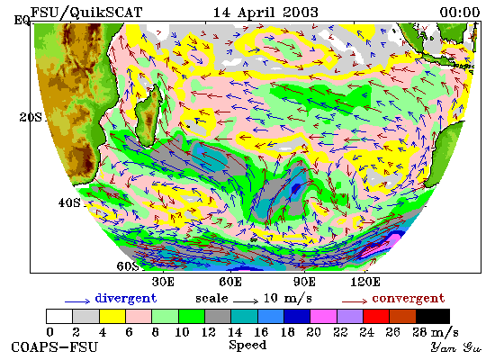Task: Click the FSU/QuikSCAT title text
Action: pyautogui.click(x=86, y=13)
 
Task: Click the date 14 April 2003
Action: pyautogui.click(x=265, y=13)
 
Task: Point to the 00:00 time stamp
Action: pyautogui.click(x=460, y=13)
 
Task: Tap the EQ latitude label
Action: pyautogui.click(x=22, y=20)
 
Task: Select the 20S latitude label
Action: pyautogui.click(x=31, y=117)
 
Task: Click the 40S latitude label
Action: pyautogui.click(x=69, y=202)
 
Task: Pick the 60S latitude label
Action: pyautogui.click(x=128, y=265)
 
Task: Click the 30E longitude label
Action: pyautogui.click(x=163, y=282)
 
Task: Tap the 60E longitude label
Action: pyautogui.click(x=230, y=282)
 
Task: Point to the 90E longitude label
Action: pyautogui.click(x=304, y=282)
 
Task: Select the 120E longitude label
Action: pyautogui.click(x=365, y=282)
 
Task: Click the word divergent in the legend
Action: pyautogui.click(x=126, y=299)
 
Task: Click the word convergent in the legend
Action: pyautogui.click(x=409, y=299)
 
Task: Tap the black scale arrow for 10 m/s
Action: pyautogui.click(x=246, y=301)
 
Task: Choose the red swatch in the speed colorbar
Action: pyautogui.click(x=376, y=316)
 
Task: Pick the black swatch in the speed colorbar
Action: pyautogui.click(x=433, y=316)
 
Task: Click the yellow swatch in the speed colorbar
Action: pyautogui.click(x=112, y=316)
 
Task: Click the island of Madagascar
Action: pyautogui.click(x=148, y=115)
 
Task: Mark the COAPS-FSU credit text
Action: pyautogui.click(x=54, y=347)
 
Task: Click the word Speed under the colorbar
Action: pyautogui.click(x=247, y=346)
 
